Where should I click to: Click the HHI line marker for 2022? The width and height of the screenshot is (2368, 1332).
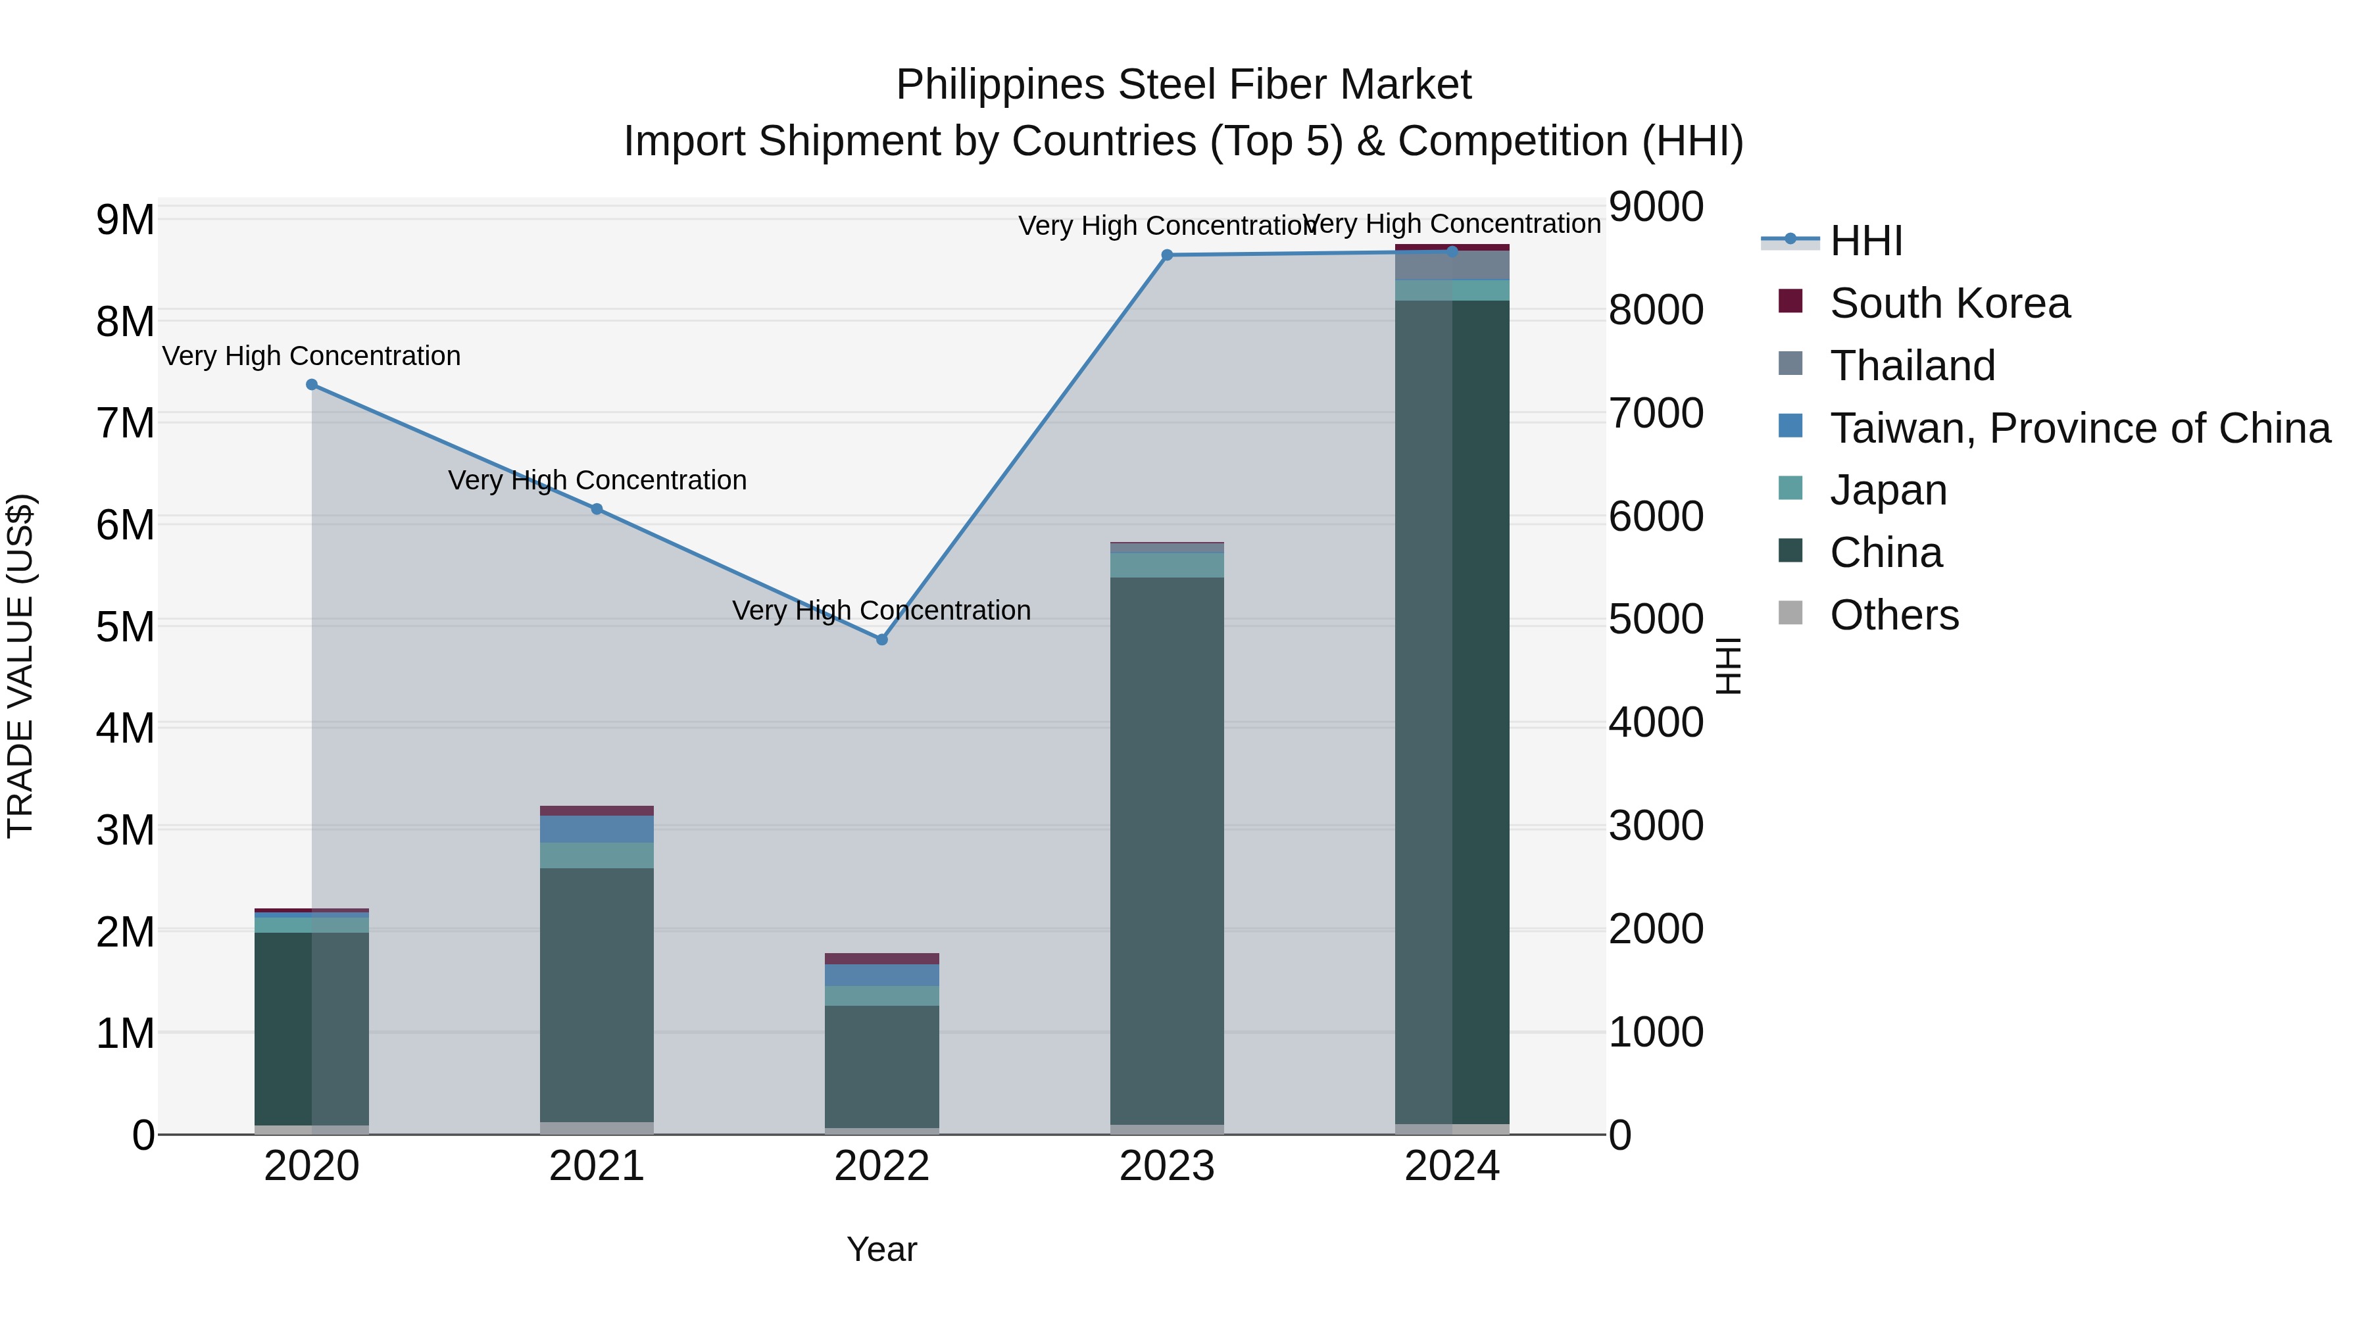(881, 640)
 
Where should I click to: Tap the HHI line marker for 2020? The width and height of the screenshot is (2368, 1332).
(312, 384)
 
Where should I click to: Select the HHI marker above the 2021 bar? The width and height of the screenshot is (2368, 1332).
(597, 509)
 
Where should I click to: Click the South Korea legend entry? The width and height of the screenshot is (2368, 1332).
(1949, 303)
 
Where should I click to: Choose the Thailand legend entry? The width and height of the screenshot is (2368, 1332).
(1912, 366)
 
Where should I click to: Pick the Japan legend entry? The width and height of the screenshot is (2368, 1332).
(1887, 490)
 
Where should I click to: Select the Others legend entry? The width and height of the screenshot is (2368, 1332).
(1894, 615)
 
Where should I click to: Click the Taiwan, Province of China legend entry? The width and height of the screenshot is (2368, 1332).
(2079, 428)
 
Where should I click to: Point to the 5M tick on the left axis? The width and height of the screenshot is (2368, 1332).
(125, 627)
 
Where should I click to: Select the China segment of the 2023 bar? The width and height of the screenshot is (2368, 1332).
(1166, 851)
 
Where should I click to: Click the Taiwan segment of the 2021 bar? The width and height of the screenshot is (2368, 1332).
(597, 829)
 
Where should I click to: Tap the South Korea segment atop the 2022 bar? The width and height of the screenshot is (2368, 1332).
(881, 959)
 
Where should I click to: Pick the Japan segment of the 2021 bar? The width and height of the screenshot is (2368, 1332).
(597, 856)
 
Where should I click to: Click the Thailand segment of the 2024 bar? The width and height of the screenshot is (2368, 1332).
(1452, 266)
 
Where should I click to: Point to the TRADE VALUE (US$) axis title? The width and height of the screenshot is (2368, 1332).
(20, 666)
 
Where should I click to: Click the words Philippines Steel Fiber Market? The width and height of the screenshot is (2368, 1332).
(1183, 85)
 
